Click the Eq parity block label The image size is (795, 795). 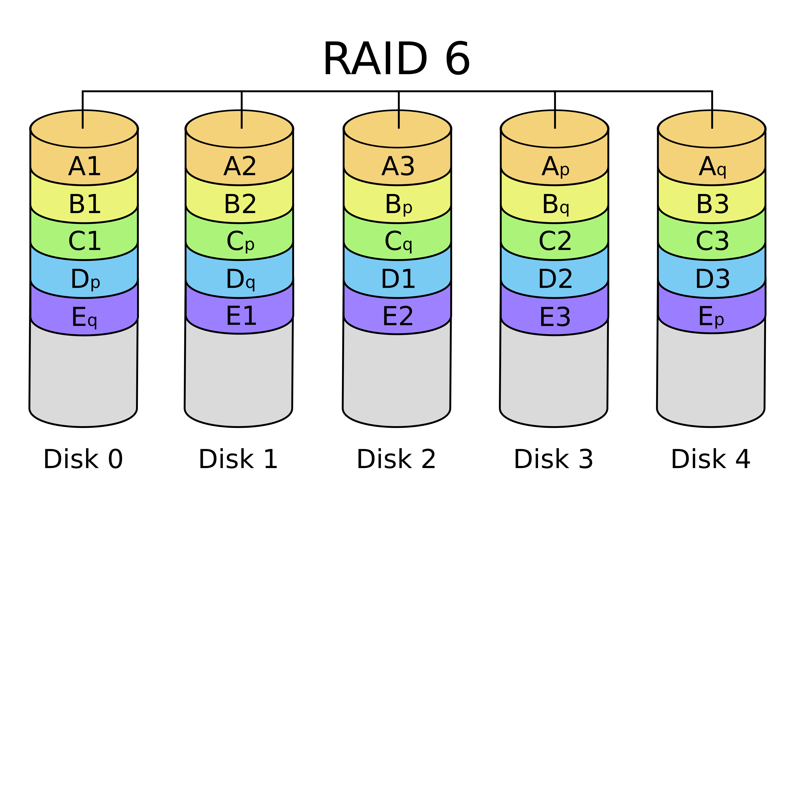[84, 318]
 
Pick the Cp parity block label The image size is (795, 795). [240, 242]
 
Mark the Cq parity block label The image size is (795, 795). [398, 242]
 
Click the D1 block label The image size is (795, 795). [398, 279]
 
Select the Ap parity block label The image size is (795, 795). [555, 167]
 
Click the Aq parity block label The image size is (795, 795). [712, 167]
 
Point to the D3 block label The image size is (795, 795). [712, 279]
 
